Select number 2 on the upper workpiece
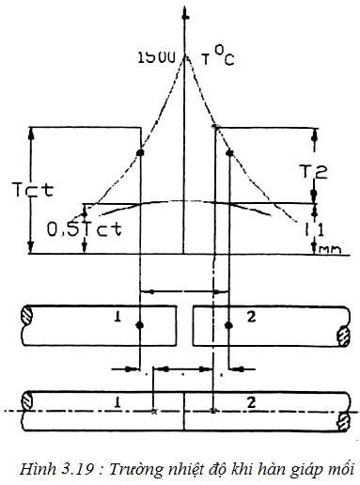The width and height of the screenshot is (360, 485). click(x=248, y=318)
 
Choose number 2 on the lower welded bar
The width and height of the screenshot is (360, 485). click(x=251, y=402)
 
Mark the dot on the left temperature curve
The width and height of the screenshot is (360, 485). click(x=139, y=152)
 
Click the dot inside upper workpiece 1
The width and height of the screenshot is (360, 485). click(x=139, y=325)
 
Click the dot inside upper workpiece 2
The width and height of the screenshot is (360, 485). click(x=228, y=325)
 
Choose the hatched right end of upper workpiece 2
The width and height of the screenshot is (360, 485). click(x=342, y=334)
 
